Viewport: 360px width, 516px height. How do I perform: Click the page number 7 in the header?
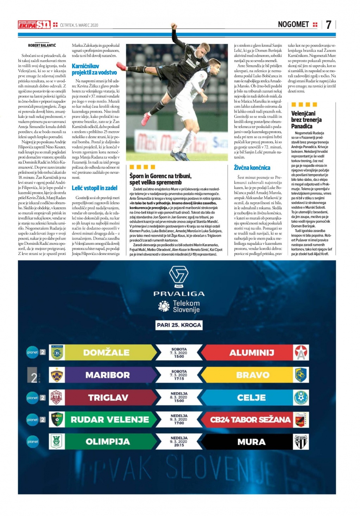[x=328, y=24]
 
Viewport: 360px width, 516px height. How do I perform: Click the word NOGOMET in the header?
[x=293, y=24]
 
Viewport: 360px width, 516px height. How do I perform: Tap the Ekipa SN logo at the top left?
[x=34, y=25]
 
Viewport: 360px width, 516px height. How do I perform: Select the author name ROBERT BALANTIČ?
[x=42, y=45]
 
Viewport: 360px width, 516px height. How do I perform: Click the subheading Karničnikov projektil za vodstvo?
[x=94, y=69]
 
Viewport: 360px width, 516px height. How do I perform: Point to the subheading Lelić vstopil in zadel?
[x=94, y=188]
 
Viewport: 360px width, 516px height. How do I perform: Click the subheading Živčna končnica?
[x=252, y=168]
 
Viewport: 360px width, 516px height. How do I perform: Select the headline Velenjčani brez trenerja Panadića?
[x=306, y=120]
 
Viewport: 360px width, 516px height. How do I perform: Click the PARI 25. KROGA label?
[x=179, y=325]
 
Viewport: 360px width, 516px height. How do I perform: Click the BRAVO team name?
[x=253, y=375]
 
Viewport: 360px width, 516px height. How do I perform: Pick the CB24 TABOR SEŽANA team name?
[x=250, y=420]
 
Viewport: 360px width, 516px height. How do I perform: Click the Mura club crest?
[x=301, y=442]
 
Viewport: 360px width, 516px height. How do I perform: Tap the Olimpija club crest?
[x=56, y=442]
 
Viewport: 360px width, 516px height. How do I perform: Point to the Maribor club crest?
[x=56, y=375]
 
